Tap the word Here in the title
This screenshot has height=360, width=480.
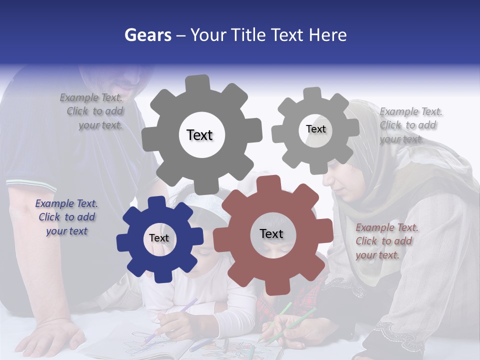tap(327, 35)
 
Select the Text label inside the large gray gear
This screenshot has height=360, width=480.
tap(199, 135)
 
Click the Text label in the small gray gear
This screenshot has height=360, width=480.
tap(315, 129)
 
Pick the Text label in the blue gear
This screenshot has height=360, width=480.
tap(159, 238)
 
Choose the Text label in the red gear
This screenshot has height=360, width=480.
tap(271, 234)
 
